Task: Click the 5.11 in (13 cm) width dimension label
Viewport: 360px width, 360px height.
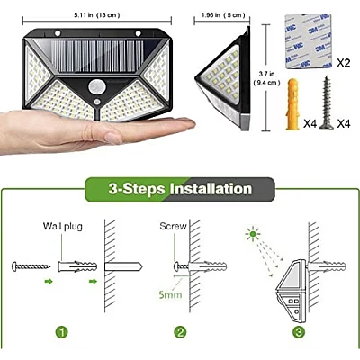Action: (x=97, y=15)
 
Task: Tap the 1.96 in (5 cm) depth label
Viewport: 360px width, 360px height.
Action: (x=223, y=15)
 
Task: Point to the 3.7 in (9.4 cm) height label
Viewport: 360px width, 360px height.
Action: (x=266, y=78)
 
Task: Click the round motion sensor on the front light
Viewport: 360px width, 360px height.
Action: (x=95, y=87)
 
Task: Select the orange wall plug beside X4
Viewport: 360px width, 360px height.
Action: (x=292, y=103)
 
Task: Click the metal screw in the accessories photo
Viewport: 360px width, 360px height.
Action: (x=327, y=103)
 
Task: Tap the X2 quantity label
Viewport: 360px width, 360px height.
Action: (x=343, y=63)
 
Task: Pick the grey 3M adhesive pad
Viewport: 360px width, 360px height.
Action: (x=308, y=41)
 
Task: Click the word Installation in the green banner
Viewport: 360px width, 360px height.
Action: (x=211, y=189)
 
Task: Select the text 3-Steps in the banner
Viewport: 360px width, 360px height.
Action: (x=137, y=189)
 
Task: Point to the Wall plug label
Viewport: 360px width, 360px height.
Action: (x=63, y=227)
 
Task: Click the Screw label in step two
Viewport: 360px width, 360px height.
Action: (x=173, y=226)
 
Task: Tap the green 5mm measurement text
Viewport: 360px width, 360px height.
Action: (x=170, y=294)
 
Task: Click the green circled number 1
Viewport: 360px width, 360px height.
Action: (x=62, y=332)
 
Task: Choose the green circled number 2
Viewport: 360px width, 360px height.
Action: (x=180, y=332)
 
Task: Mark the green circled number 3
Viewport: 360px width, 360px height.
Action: (x=299, y=332)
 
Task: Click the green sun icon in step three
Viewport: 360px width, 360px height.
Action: (x=253, y=234)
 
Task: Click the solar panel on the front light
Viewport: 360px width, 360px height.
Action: (x=96, y=56)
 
